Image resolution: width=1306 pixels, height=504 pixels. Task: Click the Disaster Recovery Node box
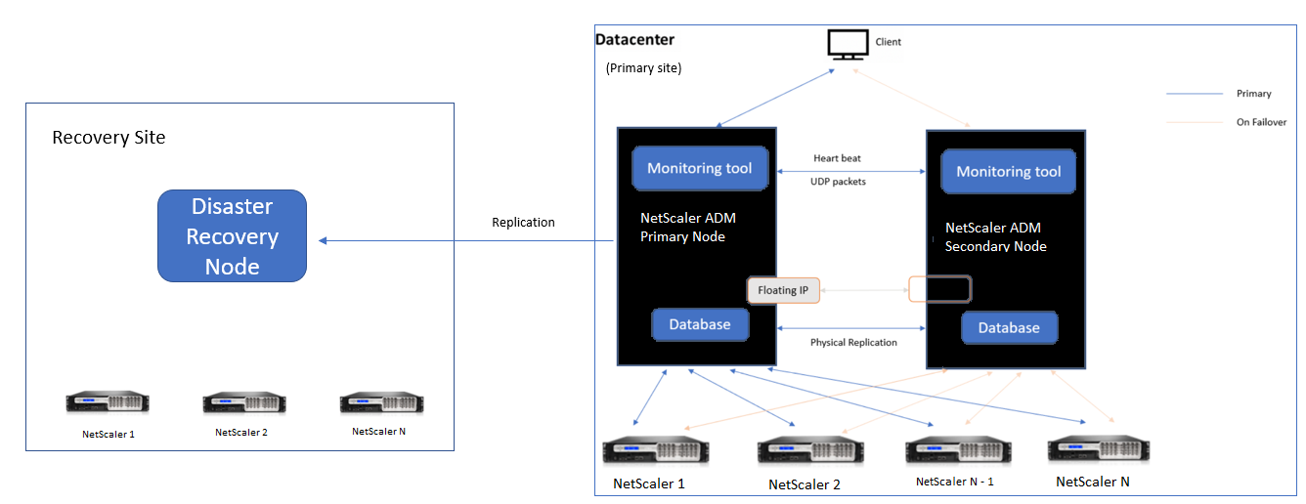[x=233, y=236]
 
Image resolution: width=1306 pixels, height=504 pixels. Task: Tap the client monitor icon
[x=847, y=44]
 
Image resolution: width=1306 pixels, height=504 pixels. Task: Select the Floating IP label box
[x=783, y=290]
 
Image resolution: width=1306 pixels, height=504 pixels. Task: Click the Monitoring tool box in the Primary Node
[x=700, y=168]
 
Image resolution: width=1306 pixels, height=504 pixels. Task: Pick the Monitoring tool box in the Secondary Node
[x=1008, y=171]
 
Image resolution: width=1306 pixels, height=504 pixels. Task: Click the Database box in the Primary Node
[x=700, y=324]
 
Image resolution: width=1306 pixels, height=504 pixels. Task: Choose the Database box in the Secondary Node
[x=1009, y=327]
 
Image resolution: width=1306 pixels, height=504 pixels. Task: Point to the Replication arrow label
[x=523, y=223]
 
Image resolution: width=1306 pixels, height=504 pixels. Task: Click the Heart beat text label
[x=837, y=158]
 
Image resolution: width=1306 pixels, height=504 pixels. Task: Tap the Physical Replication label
[x=853, y=343]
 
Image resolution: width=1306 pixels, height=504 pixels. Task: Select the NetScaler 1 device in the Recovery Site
[x=108, y=402]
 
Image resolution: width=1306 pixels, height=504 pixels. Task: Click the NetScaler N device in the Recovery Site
[x=381, y=402]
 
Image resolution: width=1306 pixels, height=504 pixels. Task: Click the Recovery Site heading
[x=109, y=138]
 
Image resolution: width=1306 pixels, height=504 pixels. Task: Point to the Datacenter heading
[x=635, y=40]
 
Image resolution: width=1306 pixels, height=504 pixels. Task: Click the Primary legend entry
[x=1254, y=94]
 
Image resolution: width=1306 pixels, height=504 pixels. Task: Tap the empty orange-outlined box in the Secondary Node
[x=939, y=289]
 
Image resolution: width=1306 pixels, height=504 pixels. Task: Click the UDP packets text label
[x=838, y=182]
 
